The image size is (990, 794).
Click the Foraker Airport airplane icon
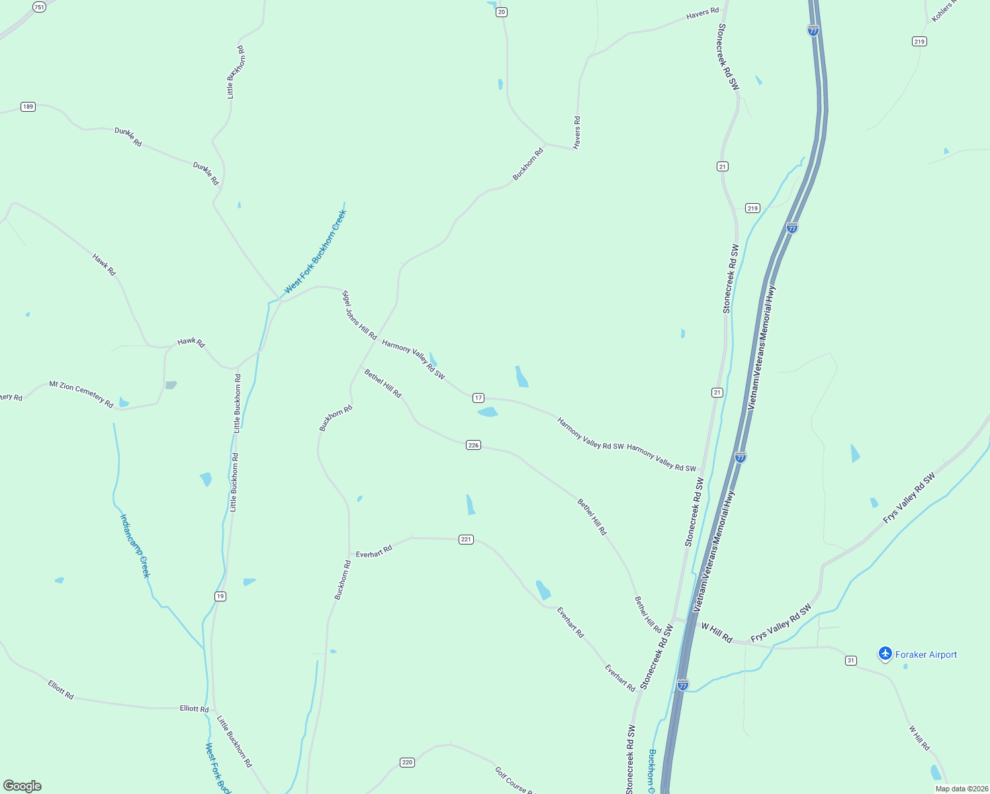885,654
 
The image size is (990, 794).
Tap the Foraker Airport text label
926,654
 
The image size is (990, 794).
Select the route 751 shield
39,7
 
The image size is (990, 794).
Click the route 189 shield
28,107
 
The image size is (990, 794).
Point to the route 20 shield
502,12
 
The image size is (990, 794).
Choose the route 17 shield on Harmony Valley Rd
478,398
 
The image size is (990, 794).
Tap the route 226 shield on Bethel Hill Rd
473,445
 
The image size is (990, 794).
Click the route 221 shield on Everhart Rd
466,539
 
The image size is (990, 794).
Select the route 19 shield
220,596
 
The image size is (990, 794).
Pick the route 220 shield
407,762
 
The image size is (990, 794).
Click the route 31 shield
851,660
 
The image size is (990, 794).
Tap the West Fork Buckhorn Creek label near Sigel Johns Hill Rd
316,251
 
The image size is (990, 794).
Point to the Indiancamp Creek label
135,546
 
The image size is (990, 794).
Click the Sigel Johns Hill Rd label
359,315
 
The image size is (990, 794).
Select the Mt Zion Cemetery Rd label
81,394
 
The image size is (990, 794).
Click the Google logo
22,786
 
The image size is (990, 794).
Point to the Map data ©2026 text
961,789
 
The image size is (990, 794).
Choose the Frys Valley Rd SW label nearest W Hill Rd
781,623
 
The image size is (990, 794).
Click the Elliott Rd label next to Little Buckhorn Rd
194,709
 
